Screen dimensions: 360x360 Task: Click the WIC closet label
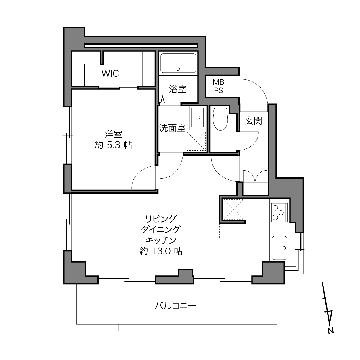pyautogui.click(x=110, y=73)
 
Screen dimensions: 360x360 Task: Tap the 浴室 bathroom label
pyautogui.click(x=178, y=89)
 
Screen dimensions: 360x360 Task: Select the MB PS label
pyautogui.click(x=219, y=86)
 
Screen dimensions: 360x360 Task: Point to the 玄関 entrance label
pyautogui.click(x=254, y=121)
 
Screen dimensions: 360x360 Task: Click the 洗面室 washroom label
pyautogui.click(x=172, y=128)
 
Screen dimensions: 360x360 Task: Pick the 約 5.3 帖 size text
pyautogui.click(x=113, y=145)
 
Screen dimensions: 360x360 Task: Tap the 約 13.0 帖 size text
pyautogui.click(x=161, y=251)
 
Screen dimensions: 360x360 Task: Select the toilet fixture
pyautogui.click(x=221, y=119)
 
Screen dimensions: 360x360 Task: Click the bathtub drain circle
pyautogui.click(x=178, y=69)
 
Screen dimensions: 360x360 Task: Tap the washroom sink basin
pyautogui.click(x=198, y=118)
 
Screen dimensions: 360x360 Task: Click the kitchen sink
pyautogui.click(x=279, y=248)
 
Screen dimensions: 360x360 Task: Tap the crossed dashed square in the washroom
pyautogui.click(x=196, y=141)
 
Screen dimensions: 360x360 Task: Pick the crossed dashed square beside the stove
pyautogui.click(x=234, y=209)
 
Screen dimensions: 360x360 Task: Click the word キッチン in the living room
pyautogui.click(x=161, y=240)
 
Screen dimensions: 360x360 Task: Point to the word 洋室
pyautogui.click(x=113, y=134)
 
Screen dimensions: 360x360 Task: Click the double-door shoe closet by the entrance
pyautogui.click(x=255, y=176)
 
